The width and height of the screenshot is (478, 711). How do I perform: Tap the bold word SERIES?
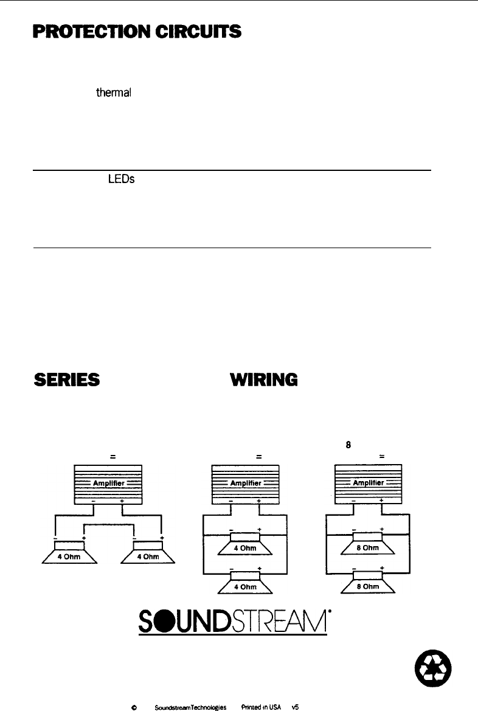pos(67,380)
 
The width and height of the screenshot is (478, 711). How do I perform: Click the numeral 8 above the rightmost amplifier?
pos(348,443)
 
